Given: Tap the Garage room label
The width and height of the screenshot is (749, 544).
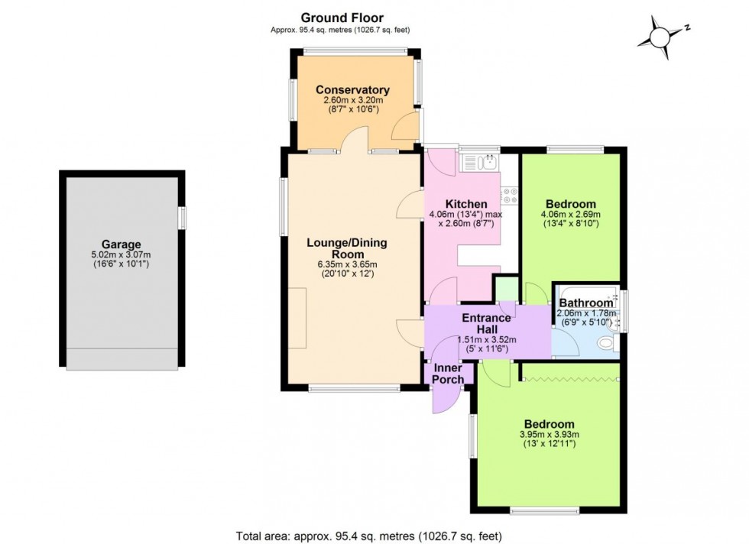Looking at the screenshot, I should (x=122, y=245).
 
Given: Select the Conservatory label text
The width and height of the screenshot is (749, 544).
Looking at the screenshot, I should (x=352, y=89).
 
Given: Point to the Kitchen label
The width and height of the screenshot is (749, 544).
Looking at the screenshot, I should (x=466, y=204).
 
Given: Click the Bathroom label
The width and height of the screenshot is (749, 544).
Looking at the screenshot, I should (x=585, y=303).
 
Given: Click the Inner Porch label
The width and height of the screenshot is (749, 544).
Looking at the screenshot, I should (x=448, y=373).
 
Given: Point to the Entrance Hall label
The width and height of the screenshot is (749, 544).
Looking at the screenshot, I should (x=486, y=324).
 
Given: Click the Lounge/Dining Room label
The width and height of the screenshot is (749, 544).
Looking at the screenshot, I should (x=347, y=248).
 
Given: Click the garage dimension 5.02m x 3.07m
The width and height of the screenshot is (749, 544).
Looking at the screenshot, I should (x=122, y=256).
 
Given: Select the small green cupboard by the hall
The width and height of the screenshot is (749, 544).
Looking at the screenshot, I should (x=504, y=291).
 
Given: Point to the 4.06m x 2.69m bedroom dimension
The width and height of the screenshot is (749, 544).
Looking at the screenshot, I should (x=571, y=215).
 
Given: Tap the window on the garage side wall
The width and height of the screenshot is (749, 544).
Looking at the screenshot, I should (x=182, y=218).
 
